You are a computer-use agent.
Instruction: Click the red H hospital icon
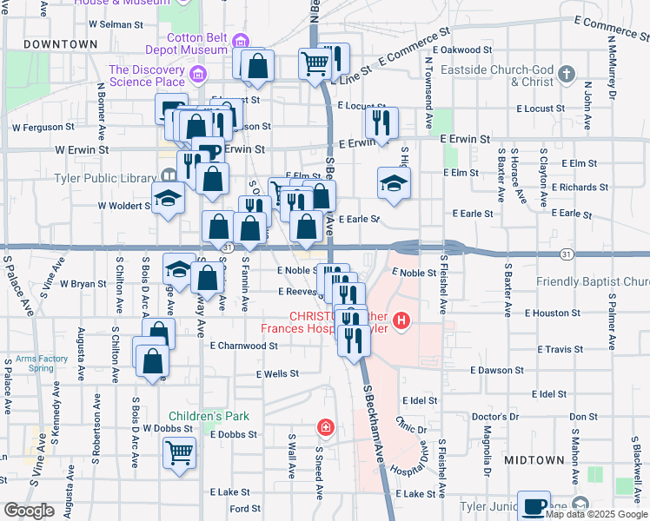401,321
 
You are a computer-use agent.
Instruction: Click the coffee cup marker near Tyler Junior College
534,505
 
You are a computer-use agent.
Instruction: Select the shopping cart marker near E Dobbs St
179,452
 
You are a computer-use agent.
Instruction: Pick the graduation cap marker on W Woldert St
169,197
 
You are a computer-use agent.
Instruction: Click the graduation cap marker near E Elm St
394,182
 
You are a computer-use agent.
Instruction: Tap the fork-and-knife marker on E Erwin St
381,122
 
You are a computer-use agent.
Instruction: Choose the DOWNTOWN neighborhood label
61,43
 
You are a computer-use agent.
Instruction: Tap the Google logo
29,511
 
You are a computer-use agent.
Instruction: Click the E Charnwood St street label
243,345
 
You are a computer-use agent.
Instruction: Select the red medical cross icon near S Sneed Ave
325,427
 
